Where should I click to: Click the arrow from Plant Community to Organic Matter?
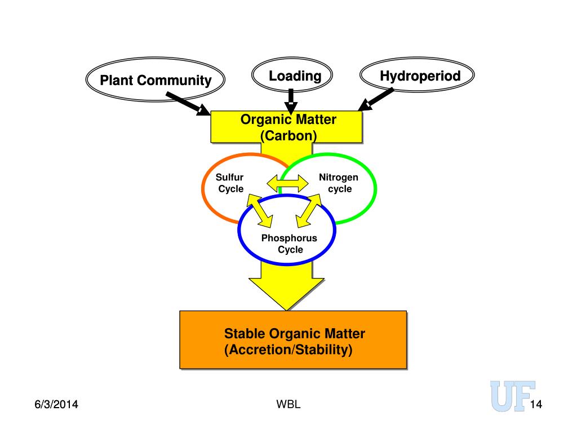[188, 104]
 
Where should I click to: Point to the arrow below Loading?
[291, 101]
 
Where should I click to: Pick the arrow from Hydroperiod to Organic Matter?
[376, 99]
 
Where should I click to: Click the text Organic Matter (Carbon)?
[288, 127]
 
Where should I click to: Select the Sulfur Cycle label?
[230, 183]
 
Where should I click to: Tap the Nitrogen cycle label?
[339, 183]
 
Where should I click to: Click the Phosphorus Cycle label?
[289, 244]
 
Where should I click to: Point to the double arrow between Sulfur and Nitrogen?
[288, 183]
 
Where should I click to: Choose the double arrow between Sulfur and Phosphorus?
[260, 210]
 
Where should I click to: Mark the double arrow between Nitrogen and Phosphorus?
[309, 210]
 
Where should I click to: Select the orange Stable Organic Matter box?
[293, 339]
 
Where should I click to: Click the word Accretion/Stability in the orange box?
[291, 350]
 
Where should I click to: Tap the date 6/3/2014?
[56, 404]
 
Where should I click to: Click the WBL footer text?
[288, 404]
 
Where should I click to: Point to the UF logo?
[513, 396]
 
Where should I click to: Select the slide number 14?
[536, 405]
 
